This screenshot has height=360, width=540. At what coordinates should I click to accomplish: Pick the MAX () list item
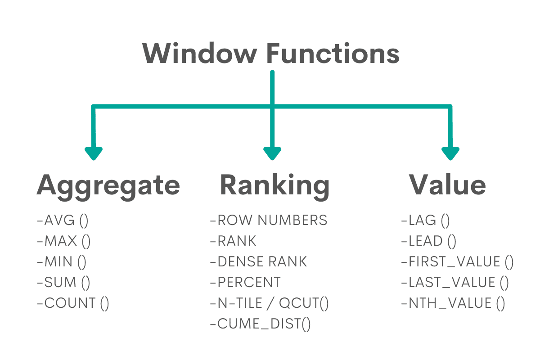(64, 241)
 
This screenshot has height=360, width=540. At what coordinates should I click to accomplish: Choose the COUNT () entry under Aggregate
(73, 303)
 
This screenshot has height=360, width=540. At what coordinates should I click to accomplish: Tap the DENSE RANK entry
(258, 261)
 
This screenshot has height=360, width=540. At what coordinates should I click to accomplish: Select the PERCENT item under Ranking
(245, 282)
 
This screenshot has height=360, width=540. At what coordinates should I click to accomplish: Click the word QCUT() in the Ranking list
(304, 303)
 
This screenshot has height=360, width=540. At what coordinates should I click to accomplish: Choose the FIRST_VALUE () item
(457, 261)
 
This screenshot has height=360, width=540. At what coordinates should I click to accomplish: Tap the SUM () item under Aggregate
(64, 282)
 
